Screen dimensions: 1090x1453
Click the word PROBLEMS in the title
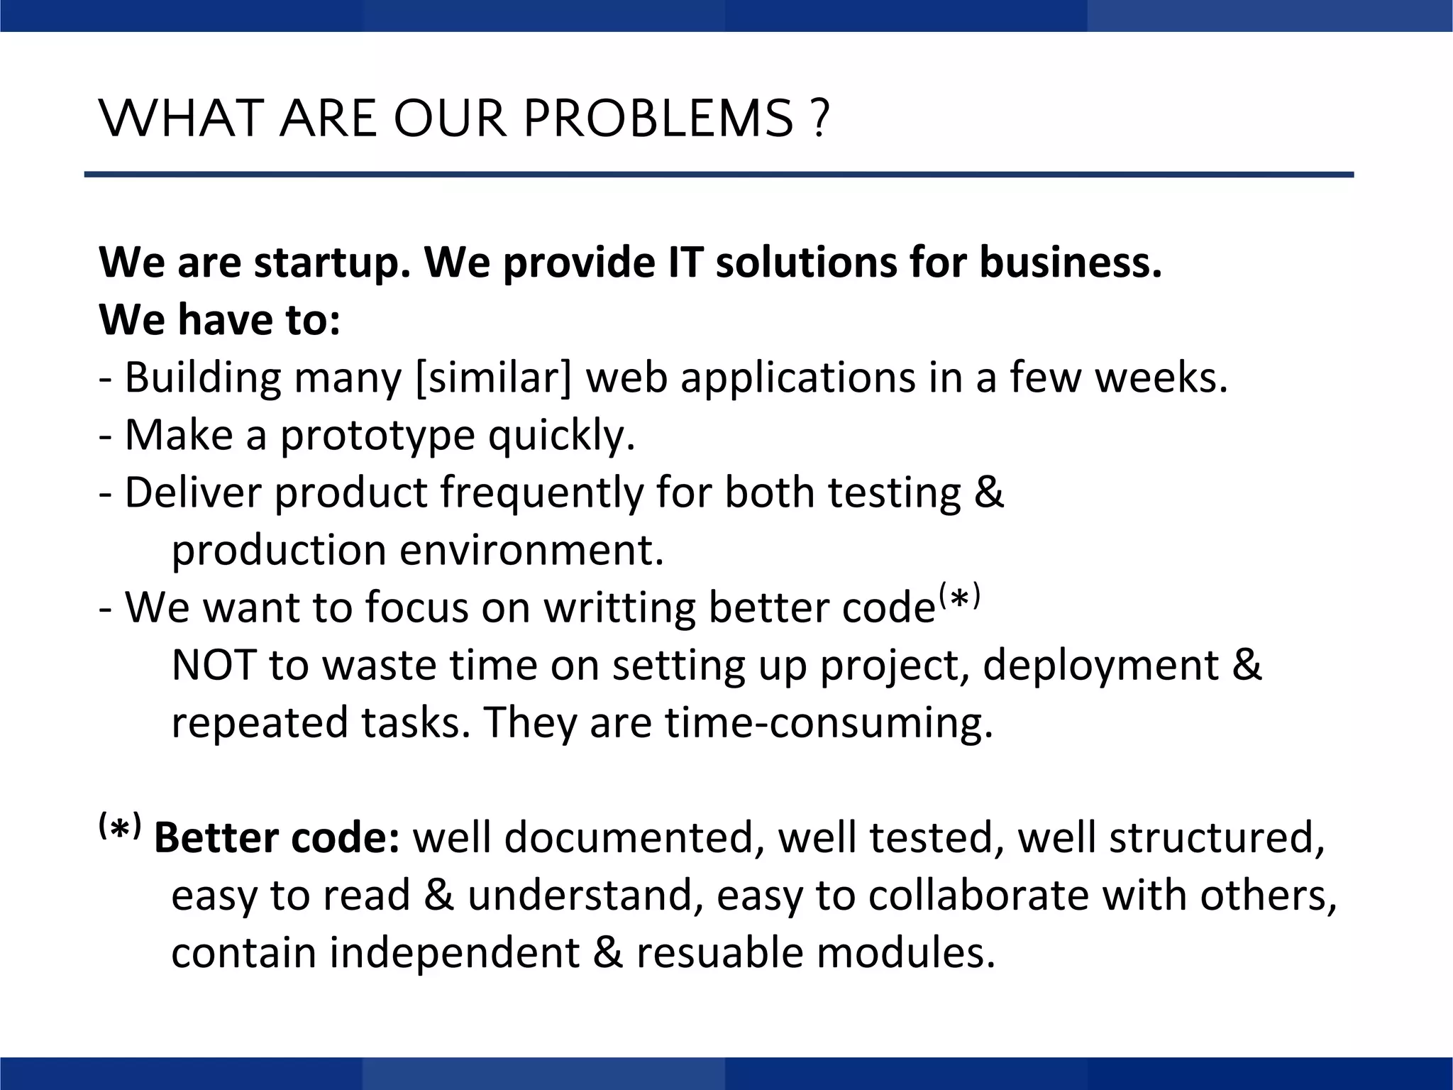tap(658, 119)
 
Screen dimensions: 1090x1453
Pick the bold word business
tap(1071, 263)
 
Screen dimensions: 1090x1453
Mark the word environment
tap(531, 551)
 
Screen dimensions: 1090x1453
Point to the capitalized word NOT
tap(214, 666)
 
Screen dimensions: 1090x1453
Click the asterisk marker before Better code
tap(120, 826)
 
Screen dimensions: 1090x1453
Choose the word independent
tap(455, 953)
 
